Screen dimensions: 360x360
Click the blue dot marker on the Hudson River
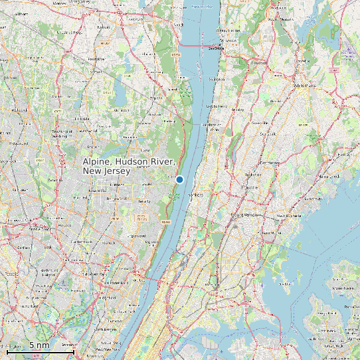click(179, 179)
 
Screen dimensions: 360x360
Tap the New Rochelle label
click(290, 215)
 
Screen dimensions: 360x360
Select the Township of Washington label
click(61, 133)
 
